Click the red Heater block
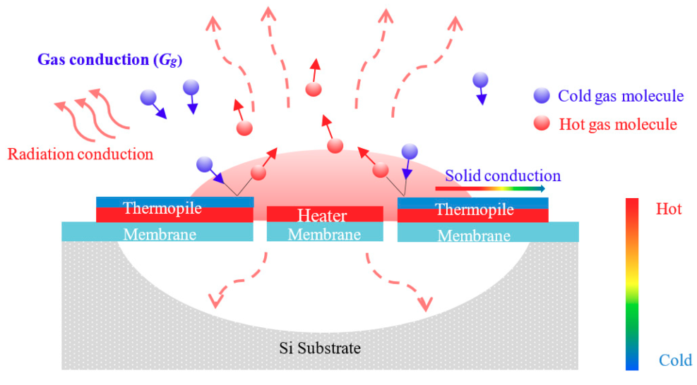325,214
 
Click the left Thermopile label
162,209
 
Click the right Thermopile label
474,209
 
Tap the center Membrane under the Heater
325,233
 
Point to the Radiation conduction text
80,153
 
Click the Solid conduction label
502,176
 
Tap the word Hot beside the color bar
668,209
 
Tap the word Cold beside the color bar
675,360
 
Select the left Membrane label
157,234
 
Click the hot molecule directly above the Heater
335,146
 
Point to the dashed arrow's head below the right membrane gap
425,305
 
